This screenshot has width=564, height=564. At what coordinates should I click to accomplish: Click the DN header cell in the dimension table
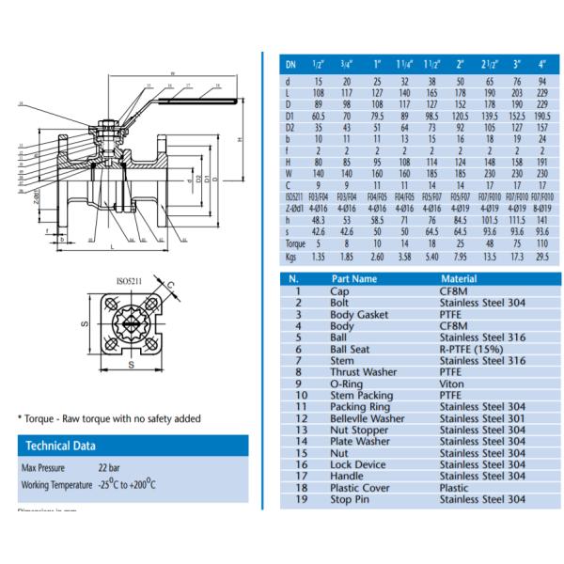pos(290,65)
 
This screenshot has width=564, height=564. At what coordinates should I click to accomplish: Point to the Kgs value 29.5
pos(542,255)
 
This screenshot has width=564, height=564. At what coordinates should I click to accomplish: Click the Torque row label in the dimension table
pos(296,243)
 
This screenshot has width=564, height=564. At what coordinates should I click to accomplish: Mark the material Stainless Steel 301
pos(484,417)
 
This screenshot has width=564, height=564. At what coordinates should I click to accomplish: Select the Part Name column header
pos(353,278)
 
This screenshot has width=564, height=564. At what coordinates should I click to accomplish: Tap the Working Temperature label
pos(55,485)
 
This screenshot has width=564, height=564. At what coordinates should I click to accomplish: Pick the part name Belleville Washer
pos(368,417)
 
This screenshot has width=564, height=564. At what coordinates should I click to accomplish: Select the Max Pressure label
pos(45,467)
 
